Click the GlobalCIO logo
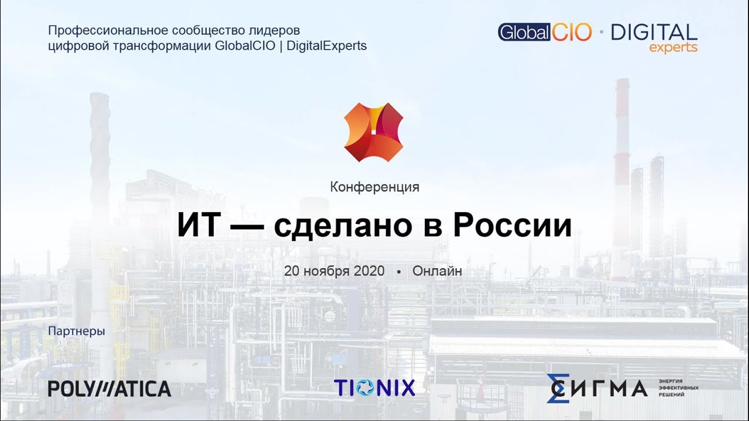(545, 32)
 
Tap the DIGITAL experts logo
(654, 37)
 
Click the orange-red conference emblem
(374, 132)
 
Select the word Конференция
(374, 187)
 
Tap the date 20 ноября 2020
(334, 271)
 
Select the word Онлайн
(437, 271)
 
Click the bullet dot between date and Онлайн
(398, 272)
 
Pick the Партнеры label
(77, 332)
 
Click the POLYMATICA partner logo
(109, 389)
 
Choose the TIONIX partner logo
(374, 388)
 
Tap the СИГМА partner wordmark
(597, 388)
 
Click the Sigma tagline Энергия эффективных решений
(678, 388)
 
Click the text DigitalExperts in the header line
(328, 46)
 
